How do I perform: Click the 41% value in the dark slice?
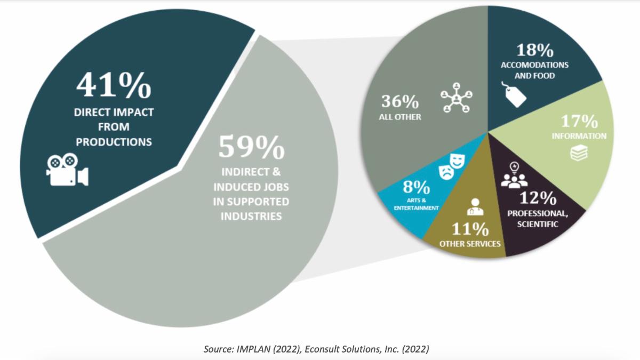[x=113, y=85]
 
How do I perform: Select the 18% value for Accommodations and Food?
[x=534, y=51]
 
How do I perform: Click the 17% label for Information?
[x=579, y=121]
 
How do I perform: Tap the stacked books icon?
[x=578, y=154]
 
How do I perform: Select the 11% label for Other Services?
[x=470, y=229]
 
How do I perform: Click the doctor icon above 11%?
[x=473, y=206]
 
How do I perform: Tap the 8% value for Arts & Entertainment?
[x=416, y=188]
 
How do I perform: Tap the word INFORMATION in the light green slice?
[x=579, y=136]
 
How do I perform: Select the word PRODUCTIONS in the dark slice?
[x=114, y=142]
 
